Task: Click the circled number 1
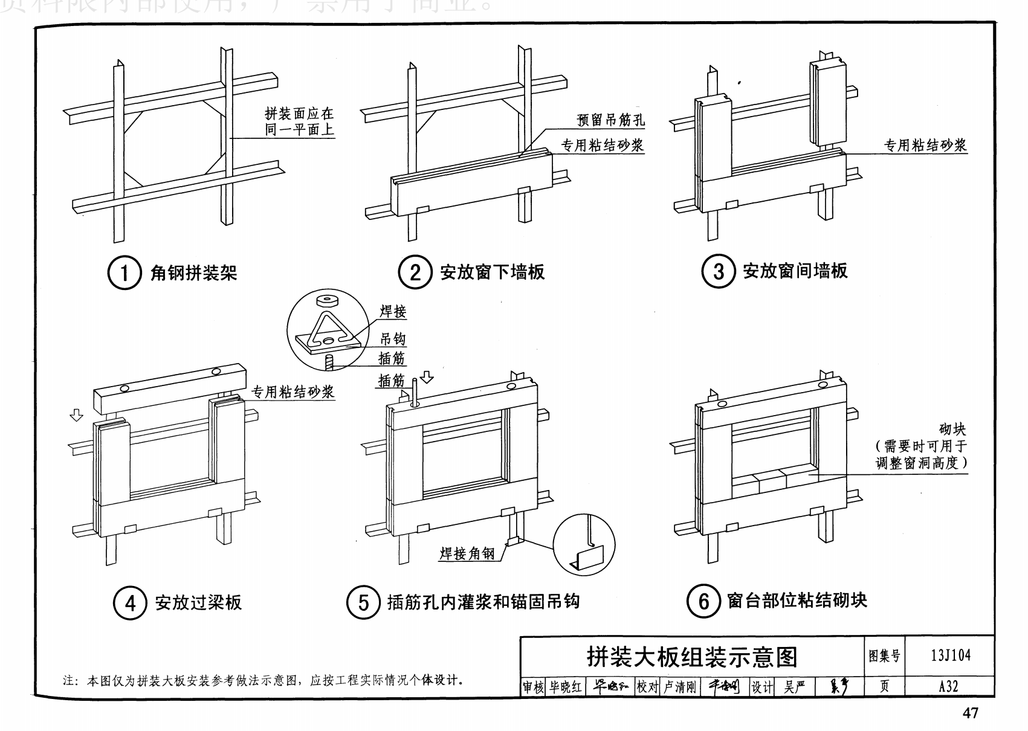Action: click(124, 273)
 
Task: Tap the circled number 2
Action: click(415, 272)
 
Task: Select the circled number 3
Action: click(718, 271)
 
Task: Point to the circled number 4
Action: click(130, 602)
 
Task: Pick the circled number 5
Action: click(363, 602)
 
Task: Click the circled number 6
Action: click(703, 601)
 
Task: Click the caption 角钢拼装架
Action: click(193, 273)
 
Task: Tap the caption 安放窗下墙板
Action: click(492, 272)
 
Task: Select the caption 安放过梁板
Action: click(198, 602)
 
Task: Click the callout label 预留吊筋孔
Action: click(610, 120)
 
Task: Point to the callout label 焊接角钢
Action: click(467, 553)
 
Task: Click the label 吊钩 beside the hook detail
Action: click(392, 338)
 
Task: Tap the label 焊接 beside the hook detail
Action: click(392, 312)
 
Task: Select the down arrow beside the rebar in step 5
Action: click(427, 378)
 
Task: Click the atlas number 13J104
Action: click(951, 655)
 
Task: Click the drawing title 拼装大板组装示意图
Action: click(692, 657)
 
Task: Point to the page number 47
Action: click(969, 713)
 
